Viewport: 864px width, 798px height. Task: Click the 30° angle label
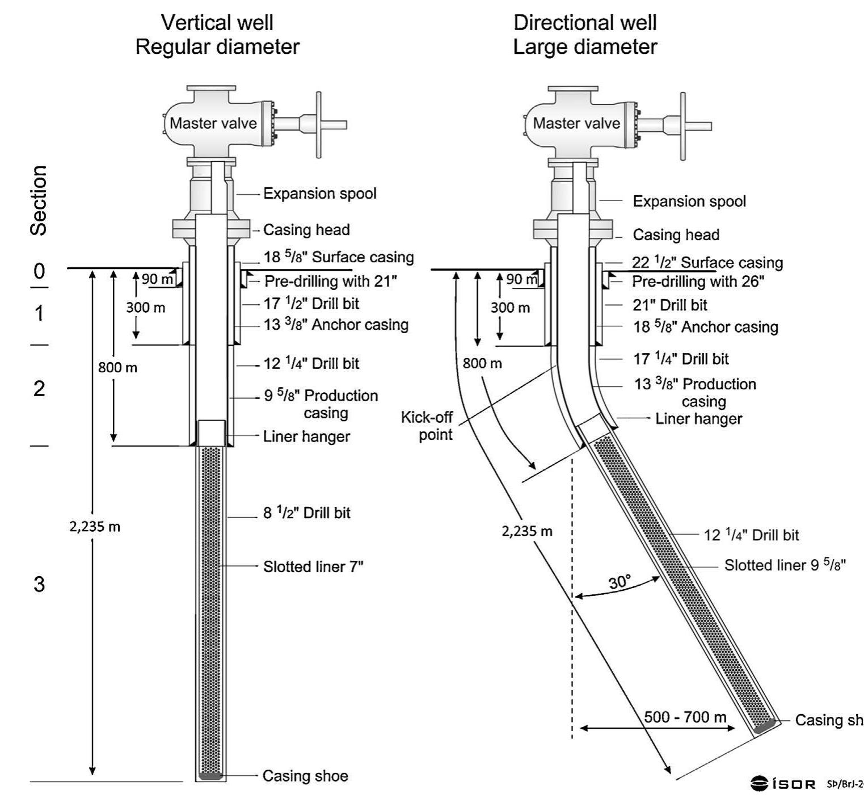click(x=619, y=582)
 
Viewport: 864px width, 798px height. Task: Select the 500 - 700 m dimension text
click(x=685, y=717)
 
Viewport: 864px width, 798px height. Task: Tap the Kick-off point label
click(x=427, y=426)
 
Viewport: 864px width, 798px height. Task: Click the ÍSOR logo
click(x=783, y=784)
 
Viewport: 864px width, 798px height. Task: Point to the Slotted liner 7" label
click(x=313, y=566)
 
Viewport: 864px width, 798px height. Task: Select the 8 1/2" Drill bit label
click(x=307, y=513)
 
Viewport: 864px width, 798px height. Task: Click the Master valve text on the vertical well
click(x=213, y=123)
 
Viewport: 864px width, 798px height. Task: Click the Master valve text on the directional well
click(x=576, y=123)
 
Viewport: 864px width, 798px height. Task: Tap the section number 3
click(x=39, y=583)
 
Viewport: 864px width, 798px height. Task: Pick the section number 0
click(x=39, y=271)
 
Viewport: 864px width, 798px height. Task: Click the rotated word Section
click(x=39, y=200)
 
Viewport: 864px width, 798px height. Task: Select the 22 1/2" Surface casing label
click(x=707, y=262)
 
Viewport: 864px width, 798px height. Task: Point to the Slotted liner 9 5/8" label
click(x=785, y=565)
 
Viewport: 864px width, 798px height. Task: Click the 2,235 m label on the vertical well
click(x=95, y=527)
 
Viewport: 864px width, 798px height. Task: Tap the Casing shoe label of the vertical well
click(x=305, y=776)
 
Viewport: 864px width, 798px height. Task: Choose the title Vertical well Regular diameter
click(x=217, y=35)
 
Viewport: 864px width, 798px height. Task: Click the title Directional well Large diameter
click(x=585, y=35)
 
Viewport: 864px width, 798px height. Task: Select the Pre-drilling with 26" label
click(x=698, y=282)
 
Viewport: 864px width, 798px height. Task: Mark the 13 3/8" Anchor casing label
click(x=336, y=325)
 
